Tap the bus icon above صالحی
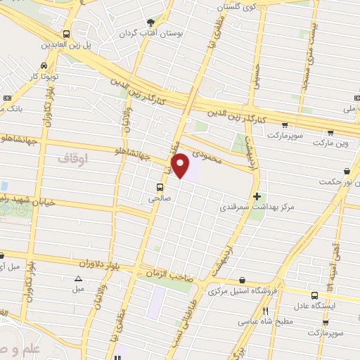pyautogui.click(x=160, y=187)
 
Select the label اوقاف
pyautogui.click(x=70, y=159)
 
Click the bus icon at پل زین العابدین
pyautogui.click(x=66, y=34)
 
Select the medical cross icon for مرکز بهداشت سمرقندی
pyautogui.click(x=257, y=195)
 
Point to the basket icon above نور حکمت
pyautogui.click(x=347, y=171)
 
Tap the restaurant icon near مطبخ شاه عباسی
pyautogui.click(x=265, y=311)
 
